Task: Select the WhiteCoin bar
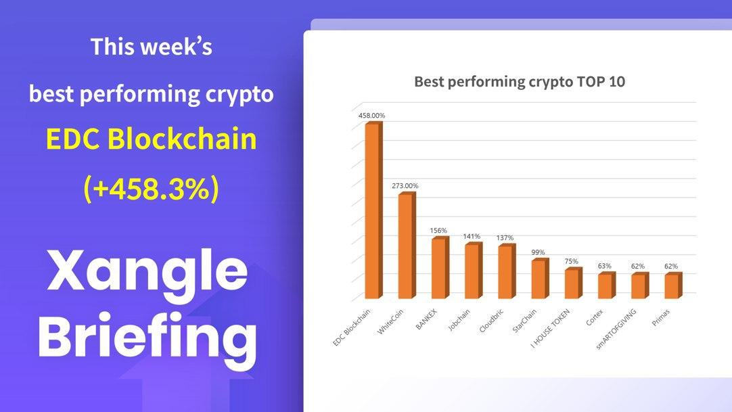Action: (x=407, y=246)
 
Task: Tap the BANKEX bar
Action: (x=440, y=267)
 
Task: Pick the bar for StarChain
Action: (x=540, y=279)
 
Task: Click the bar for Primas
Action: (x=673, y=285)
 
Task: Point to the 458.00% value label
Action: (x=371, y=115)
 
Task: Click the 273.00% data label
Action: (x=405, y=185)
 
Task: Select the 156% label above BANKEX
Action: (x=438, y=231)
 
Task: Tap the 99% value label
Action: (x=538, y=252)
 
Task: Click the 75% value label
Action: (x=572, y=261)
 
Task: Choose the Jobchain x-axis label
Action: (x=459, y=320)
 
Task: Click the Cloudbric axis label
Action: (x=492, y=321)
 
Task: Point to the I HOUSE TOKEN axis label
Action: (x=551, y=329)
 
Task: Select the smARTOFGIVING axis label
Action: (x=616, y=329)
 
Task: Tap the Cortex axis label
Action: (x=595, y=317)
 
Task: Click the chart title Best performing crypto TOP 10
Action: (x=520, y=82)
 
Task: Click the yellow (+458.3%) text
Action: (x=151, y=189)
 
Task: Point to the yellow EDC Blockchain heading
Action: (x=152, y=139)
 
